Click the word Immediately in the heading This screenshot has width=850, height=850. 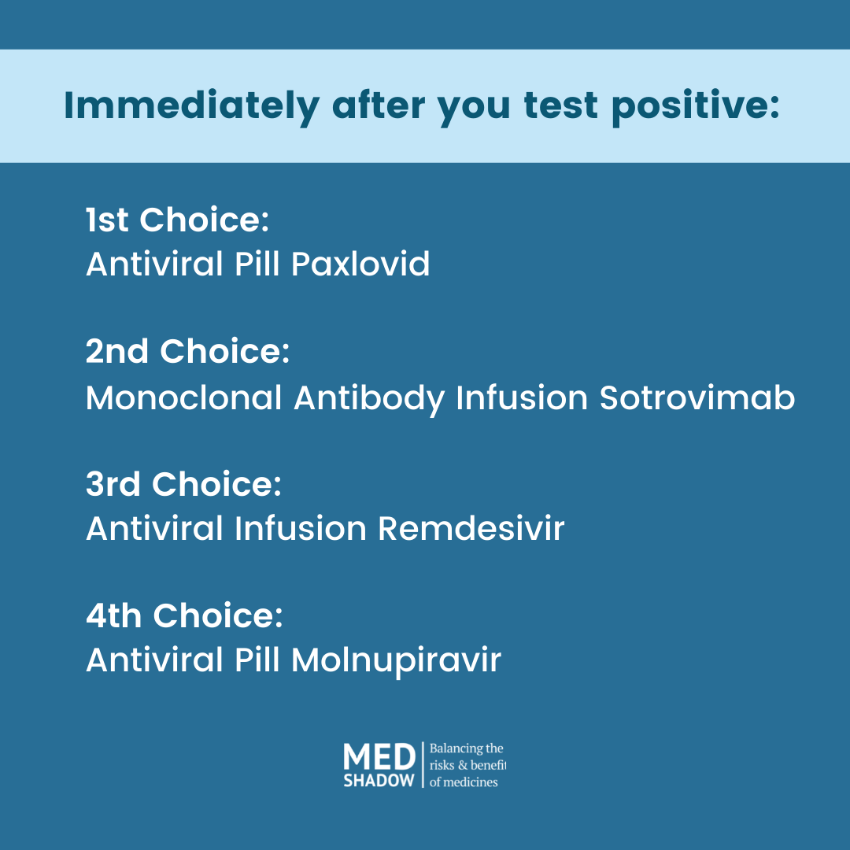pyautogui.click(x=191, y=105)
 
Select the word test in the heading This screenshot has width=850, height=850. pyautogui.click(x=561, y=105)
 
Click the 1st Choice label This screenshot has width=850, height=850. pyautogui.click(x=177, y=220)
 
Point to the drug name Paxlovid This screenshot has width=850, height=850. pyautogui.click(x=360, y=264)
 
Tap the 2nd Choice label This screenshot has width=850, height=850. pyautogui.click(x=187, y=351)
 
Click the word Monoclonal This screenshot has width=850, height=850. pyautogui.click(x=183, y=397)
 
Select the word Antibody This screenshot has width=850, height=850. pyautogui.click(x=369, y=398)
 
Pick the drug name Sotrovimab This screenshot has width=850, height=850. pyautogui.click(x=697, y=397)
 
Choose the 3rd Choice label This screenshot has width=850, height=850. pyautogui.click(x=183, y=483)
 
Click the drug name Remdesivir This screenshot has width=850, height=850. pyautogui.click(x=471, y=528)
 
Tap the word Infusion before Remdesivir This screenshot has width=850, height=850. pyautogui.click(x=301, y=528)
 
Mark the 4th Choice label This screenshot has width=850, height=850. pyautogui.click(x=184, y=615)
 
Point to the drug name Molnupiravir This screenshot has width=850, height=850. pyautogui.click(x=396, y=660)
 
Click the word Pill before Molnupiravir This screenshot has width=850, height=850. pyautogui.click(x=257, y=660)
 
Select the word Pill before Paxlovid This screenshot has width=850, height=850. pyautogui.click(x=257, y=264)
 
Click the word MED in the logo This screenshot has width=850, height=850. pyautogui.click(x=379, y=756)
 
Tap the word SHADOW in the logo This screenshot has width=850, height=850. pyautogui.click(x=379, y=780)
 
